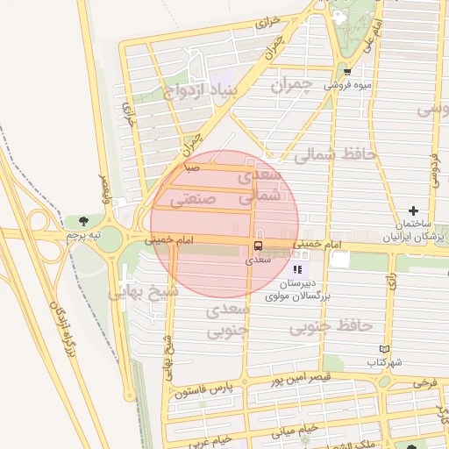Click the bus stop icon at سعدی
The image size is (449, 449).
[258, 246]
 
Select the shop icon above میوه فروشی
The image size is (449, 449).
[348, 72]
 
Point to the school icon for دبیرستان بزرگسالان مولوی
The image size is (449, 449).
[297, 269]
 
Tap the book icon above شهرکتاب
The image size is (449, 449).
[384, 348]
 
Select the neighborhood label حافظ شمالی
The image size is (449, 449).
[335, 154]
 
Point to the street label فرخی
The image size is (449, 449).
[425, 383]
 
